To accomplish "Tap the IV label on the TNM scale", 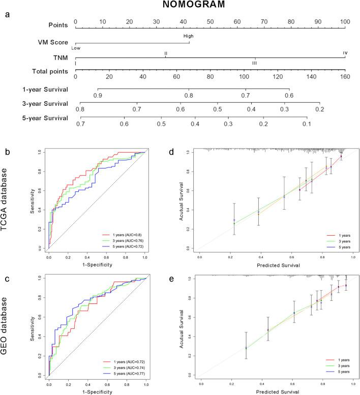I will coord(345,52).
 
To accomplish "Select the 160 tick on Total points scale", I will coord(345,77).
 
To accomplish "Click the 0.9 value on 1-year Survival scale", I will coord(98,95).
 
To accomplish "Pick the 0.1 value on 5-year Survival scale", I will coord(306,124).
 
